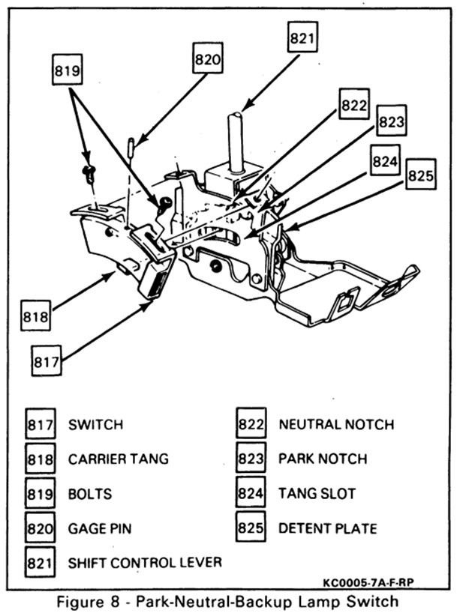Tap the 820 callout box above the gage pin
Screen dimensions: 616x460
pyautogui.click(x=207, y=58)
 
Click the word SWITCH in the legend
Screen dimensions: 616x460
pyautogui.click(x=95, y=425)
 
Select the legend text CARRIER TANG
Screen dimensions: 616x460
pyautogui.click(x=118, y=459)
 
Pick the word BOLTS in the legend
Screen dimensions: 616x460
pyautogui.click(x=89, y=494)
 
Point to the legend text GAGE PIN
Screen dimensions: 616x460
pyautogui.click(x=100, y=528)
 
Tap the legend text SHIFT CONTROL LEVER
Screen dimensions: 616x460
pyautogui.click(x=144, y=562)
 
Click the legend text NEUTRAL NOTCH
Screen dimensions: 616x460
pyautogui.click(x=336, y=425)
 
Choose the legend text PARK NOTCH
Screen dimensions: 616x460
pyautogui.click(x=323, y=459)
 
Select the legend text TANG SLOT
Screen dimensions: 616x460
pyautogui.click(x=317, y=494)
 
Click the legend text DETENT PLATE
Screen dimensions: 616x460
pyautogui.click(x=327, y=528)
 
